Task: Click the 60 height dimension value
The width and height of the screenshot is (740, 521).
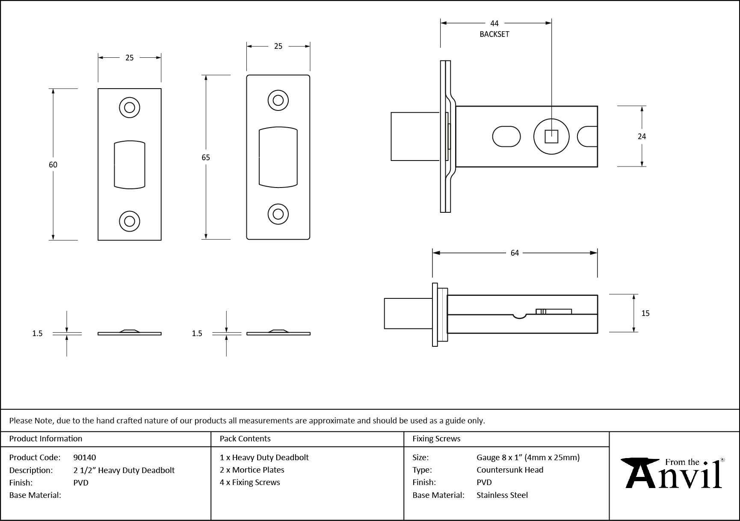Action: click(53, 164)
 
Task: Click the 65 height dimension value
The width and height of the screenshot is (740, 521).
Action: click(206, 158)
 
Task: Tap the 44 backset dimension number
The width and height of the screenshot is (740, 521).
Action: click(494, 24)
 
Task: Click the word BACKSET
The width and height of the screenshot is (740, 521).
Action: click(494, 34)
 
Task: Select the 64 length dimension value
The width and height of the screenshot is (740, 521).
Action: click(515, 253)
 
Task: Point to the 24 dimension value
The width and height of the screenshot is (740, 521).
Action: click(642, 137)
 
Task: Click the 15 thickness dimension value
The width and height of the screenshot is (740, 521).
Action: click(645, 313)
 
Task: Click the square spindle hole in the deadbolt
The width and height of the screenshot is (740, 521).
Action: click(551, 137)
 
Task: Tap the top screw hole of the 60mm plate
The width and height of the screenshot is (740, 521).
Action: click(130, 107)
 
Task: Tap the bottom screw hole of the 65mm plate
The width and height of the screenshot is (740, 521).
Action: click(278, 214)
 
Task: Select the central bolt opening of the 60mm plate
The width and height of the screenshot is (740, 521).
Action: click(130, 164)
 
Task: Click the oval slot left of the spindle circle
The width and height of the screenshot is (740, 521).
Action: click(506, 137)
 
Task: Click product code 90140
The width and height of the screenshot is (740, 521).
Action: click(85, 457)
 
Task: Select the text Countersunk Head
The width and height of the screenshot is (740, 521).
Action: click(510, 470)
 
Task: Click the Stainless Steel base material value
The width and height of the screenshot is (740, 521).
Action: click(502, 495)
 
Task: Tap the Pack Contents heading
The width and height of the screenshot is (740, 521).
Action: click(245, 438)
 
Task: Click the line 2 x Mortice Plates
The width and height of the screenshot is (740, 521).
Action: click(252, 470)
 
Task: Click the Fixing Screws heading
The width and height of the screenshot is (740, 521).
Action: click(436, 438)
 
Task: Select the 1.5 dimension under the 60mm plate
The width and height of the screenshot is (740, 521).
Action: click(37, 333)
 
